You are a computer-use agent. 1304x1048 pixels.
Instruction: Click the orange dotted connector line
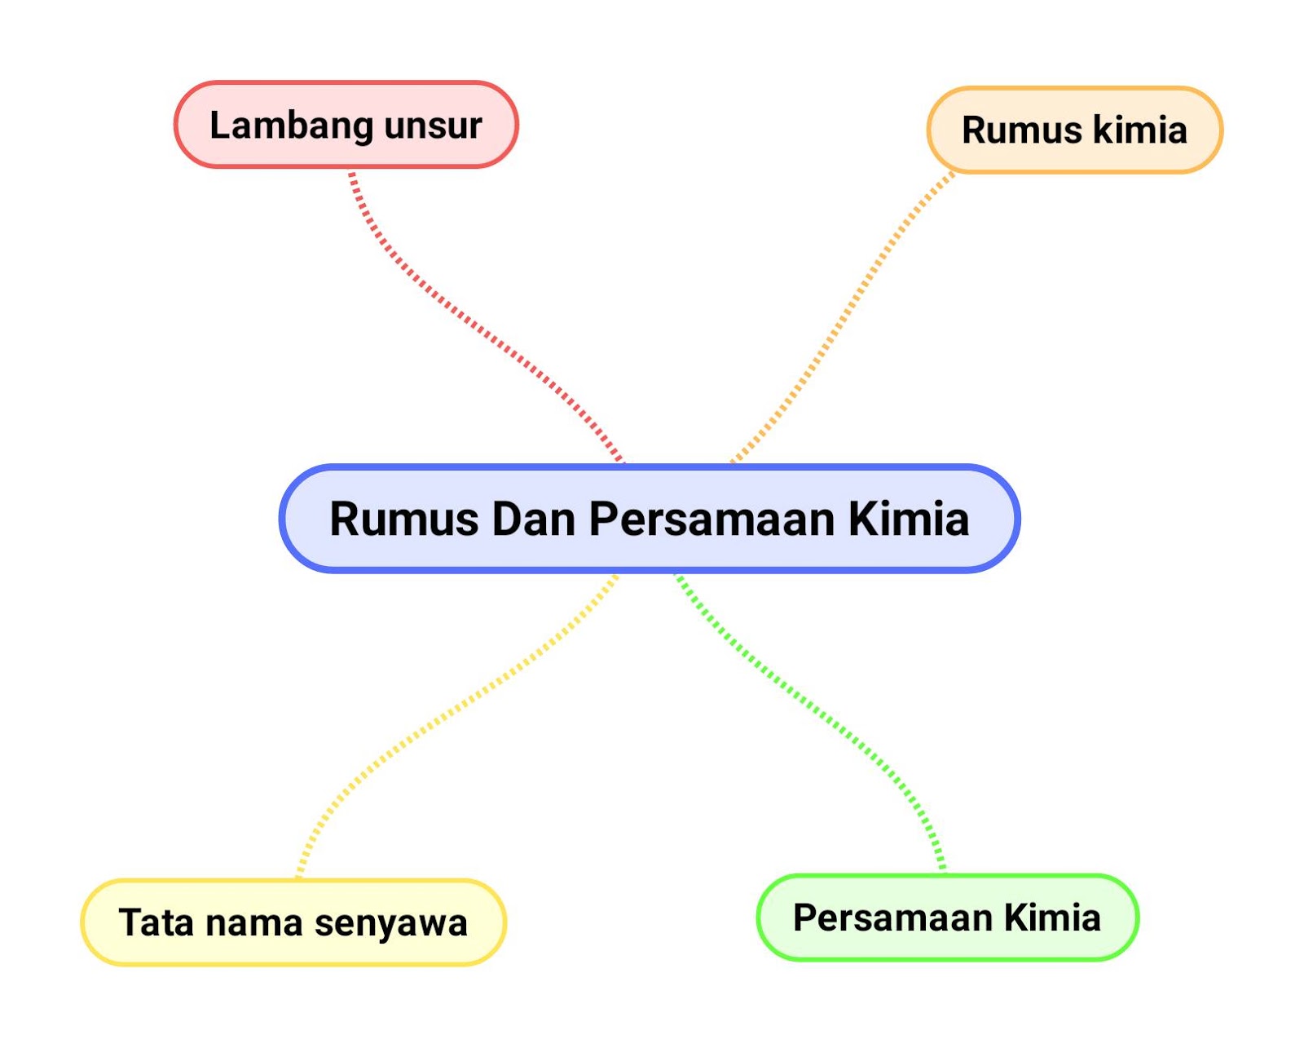pos(848,310)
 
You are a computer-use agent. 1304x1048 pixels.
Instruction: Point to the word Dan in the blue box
pos(534,519)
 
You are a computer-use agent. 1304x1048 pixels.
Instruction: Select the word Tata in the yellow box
pos(156,922)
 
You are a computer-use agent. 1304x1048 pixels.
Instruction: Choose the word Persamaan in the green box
pos(892,918)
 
